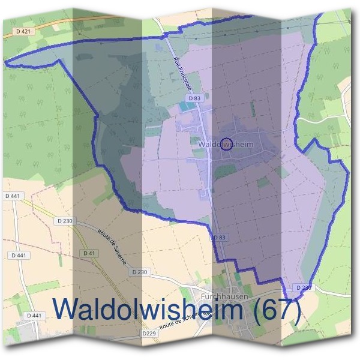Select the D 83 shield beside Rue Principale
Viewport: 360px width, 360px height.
194,98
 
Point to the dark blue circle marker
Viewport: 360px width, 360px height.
226,143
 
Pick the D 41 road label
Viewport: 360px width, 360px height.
89,253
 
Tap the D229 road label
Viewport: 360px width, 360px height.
149,333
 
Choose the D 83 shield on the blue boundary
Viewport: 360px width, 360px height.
220,238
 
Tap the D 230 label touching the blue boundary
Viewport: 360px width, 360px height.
304,288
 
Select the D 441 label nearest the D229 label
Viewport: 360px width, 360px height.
35,316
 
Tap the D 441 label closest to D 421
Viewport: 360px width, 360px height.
11,196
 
